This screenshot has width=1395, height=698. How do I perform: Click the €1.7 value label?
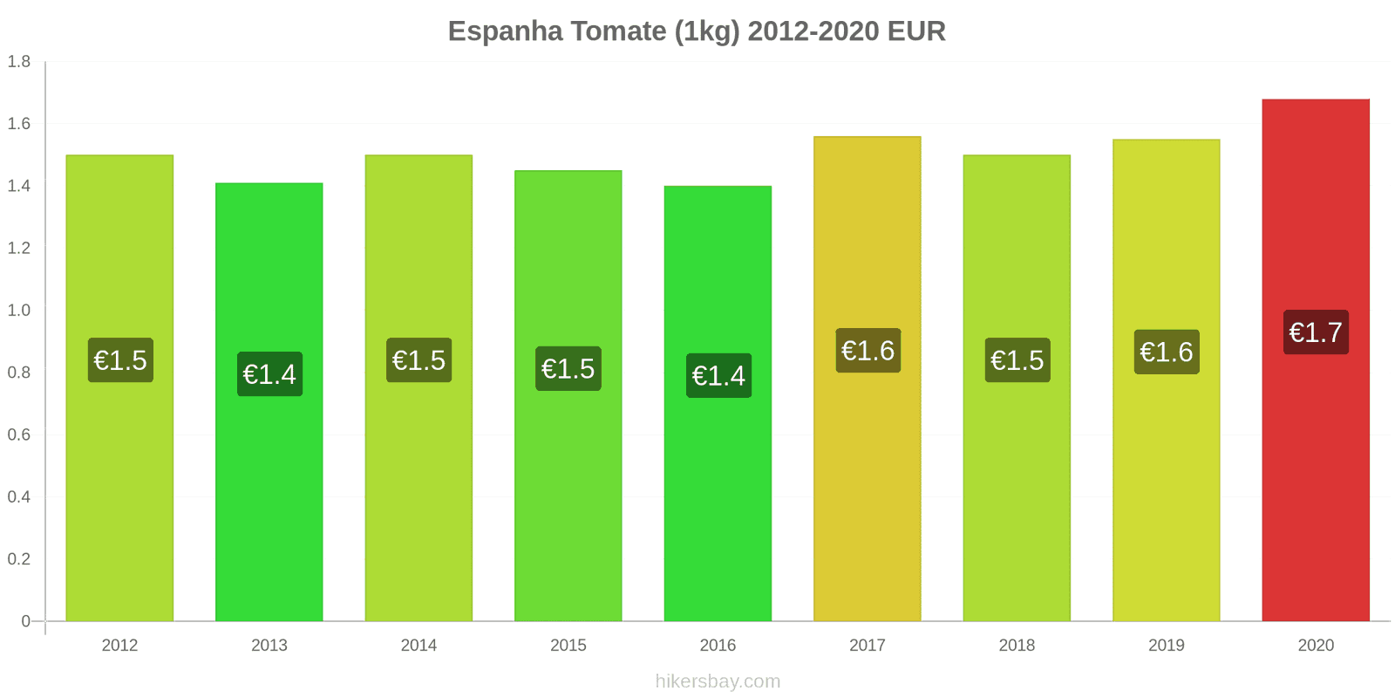tap(1316, 332)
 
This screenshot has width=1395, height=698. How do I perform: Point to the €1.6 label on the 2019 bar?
tap(1166, 352)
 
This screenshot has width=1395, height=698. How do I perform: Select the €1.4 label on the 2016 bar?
tap(718, 375)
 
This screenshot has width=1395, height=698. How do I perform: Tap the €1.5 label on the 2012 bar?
tap(120, 359)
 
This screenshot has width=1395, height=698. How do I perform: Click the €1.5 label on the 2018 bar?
tap(1017, 359)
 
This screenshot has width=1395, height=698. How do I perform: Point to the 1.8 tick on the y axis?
tap(19, 61)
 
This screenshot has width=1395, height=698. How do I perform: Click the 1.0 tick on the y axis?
tap(19, 310)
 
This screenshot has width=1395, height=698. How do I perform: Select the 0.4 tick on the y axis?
tap(19, 496)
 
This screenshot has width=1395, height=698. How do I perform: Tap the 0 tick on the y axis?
tap(25, 621)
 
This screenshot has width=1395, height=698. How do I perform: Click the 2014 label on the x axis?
tap(418, 645)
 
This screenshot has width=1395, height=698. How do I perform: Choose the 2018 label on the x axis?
tap(1017, 645)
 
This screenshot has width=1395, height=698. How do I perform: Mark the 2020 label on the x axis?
tap(1316, 645)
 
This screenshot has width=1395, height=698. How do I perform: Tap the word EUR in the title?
tap(916, 31)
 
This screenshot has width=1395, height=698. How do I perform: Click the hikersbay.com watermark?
tap(718, 681)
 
